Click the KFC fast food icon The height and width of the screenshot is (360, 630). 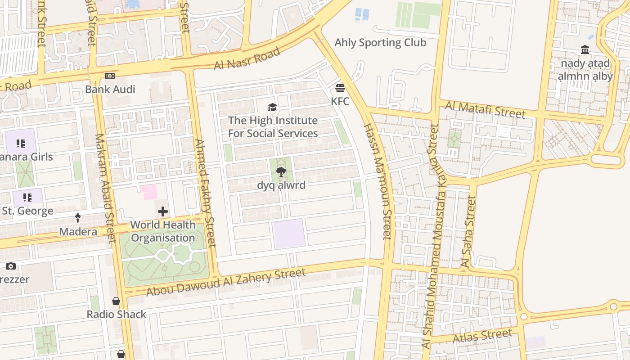point(340,87)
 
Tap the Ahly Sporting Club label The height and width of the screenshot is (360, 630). point(380,43)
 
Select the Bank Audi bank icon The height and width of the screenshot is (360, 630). point(110,76)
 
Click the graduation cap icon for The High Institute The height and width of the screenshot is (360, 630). point(272,107)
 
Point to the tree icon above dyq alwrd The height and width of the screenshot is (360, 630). point(281,171)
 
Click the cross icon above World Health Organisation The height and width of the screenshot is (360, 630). point(163,211)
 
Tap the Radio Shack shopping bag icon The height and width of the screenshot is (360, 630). point(116,301)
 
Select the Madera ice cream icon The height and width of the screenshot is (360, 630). point(78,218)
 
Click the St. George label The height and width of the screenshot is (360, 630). point(27,211)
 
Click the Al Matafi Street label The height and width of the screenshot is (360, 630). point(485,109)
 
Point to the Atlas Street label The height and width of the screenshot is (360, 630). point(482,336)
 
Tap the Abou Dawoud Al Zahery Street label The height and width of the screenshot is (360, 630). point(226,282)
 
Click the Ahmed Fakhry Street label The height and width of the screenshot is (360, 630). point(205,193)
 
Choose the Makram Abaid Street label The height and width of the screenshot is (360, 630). point(105,188)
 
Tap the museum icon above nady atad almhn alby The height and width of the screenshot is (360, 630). point(585,49)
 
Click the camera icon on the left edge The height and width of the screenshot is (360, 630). point(11,266)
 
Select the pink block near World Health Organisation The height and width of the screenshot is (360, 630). point(149,192)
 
